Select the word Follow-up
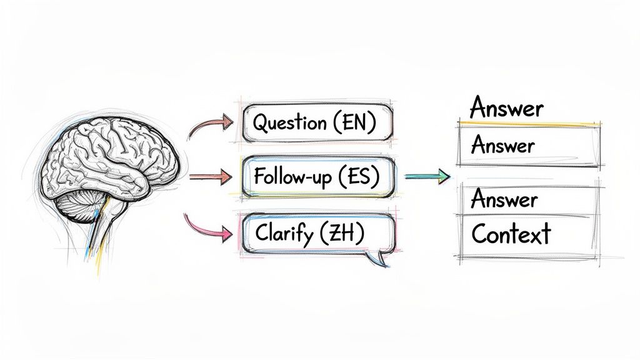pos(290,177)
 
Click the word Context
pos(511,234)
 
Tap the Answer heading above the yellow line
pos(506,108)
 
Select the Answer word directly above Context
pos(504,199)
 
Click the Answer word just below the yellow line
pos(502,146)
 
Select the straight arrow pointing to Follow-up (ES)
pos(209,177)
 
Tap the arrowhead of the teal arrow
pos(444,177)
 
